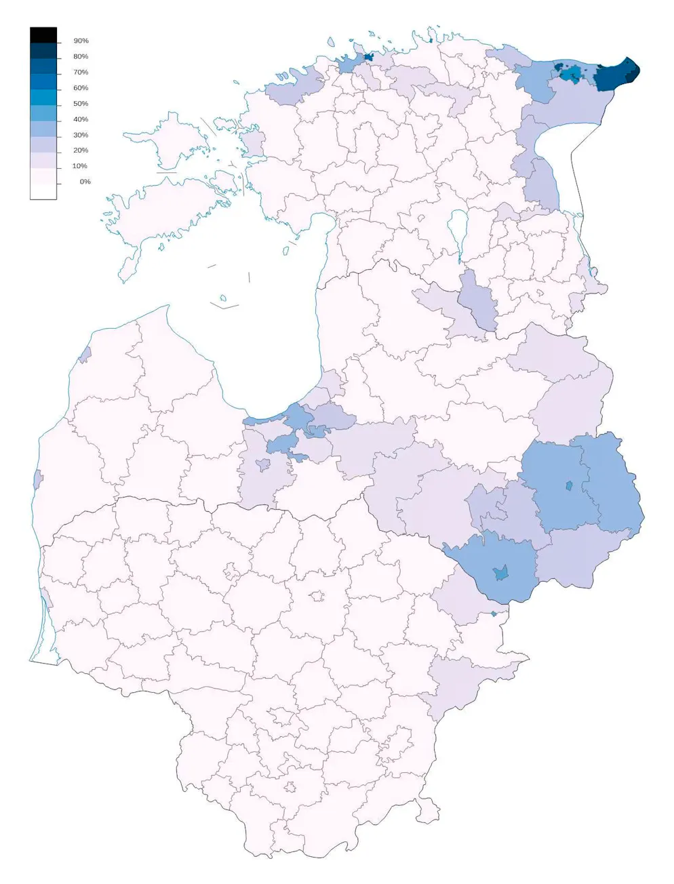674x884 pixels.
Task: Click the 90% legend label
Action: [x=81, y=41]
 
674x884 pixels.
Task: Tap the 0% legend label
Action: [x=85, y=182]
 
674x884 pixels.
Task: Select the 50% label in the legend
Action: [x=81, y=104]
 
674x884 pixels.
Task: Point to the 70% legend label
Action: [x=81, y=73]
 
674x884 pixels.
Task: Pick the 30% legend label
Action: [x=81, y=135]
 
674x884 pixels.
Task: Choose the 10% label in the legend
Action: [x=79, y=166]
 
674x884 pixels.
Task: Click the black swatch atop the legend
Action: [x=43, y=35]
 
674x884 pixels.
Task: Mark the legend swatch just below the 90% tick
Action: [x=43, y=50]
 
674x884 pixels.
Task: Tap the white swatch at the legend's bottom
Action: [x=43, y=191]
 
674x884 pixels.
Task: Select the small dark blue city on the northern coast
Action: [x=369, y=58]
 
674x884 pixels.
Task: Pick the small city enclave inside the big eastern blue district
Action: [x=569, y=485]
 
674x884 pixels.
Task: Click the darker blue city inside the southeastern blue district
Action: [x=501, y=572]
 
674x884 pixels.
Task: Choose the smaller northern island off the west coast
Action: [x=163, y=142]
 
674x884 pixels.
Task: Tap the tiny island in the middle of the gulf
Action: [x=222, y=298]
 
